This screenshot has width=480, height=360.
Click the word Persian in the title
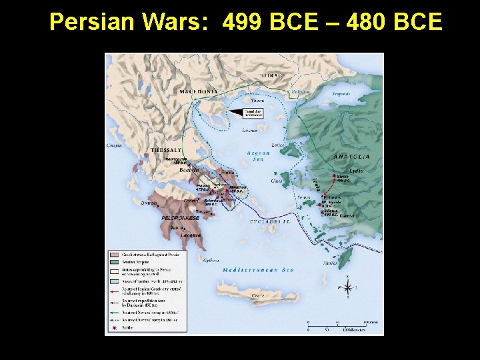point(93,23)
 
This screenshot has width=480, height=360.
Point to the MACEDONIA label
point(199,91)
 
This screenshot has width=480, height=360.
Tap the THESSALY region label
point(167,150)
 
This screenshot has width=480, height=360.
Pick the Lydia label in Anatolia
point(356,171)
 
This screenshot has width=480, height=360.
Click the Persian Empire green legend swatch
point(113,262)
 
